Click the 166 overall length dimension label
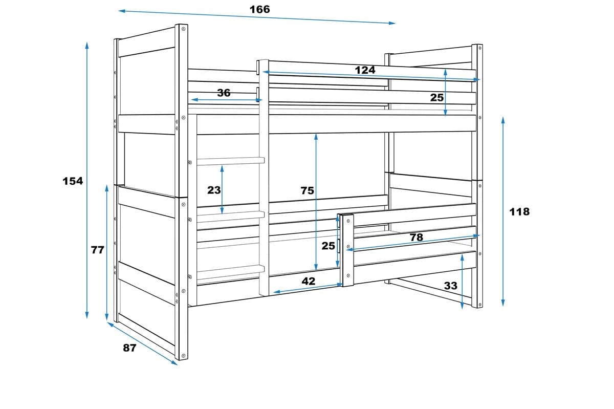point(259,9)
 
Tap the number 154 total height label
point(73,181)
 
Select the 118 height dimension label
point(519,212)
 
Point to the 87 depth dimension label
point(129,348)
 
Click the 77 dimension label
point(98,250)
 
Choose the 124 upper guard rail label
point(365,70)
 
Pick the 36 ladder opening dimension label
point(224,93)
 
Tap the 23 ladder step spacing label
point(214,190)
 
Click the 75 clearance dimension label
point(307,190)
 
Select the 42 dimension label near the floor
point(309,281)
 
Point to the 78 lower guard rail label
point(416,238)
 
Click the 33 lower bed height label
point(451,286)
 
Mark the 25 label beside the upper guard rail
point(436,97)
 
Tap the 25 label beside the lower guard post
point(328,246)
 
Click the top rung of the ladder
point(231,161)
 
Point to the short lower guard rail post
point(348,250)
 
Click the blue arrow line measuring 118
point(503,211)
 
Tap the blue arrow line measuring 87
point(142,343)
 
